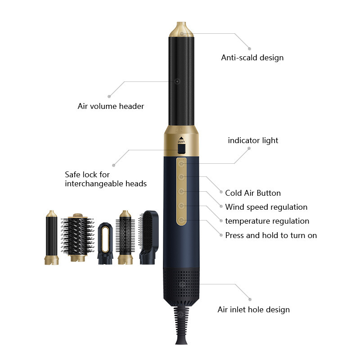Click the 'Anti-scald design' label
pos(252,58)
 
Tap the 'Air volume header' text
pos(111,106)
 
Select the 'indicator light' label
pos(253,140)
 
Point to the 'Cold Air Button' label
pos(253,193)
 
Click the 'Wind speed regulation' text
pos(266,207)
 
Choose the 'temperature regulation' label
pos(267,221)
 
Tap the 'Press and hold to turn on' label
pos(271,235)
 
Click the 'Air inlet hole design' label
pos(253,310)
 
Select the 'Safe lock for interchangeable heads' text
pos(106,179)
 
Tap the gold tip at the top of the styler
pos(181,29)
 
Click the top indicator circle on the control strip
pos(181,164)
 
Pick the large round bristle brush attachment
pos(77,238)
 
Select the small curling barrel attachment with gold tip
pos(51,238)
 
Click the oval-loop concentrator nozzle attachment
pos(105,243)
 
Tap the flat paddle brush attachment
pos(148,238)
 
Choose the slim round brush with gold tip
pos(125,238)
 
